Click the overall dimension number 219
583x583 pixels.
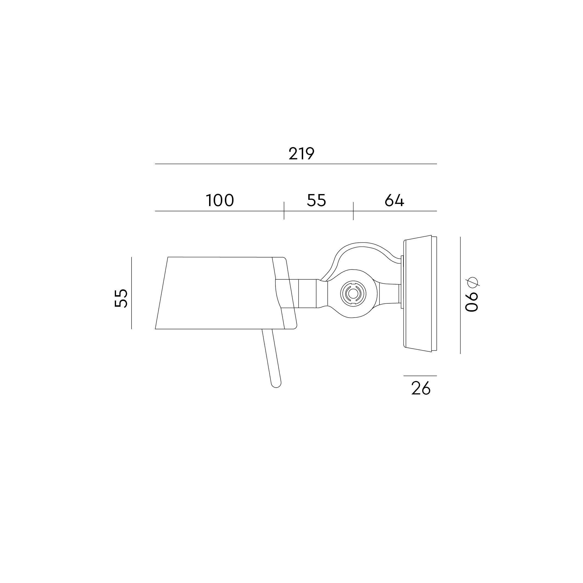tap(301, 154)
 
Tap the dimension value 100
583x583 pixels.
tap(220, 201)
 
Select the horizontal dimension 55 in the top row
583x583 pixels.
tap(316, 201)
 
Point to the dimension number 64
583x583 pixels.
tap(394, 201)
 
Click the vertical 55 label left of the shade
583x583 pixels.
tap(121, 298)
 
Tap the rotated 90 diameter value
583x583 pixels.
tap(472, 301)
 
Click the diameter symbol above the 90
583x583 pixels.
tap(473, 282)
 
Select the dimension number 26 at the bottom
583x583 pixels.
tap(421, 389)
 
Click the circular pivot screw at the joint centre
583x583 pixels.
tap(353, 293)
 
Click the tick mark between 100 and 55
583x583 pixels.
tap(284, 211)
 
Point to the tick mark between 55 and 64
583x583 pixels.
tap(353, 211)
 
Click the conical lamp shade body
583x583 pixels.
tap(217, 293)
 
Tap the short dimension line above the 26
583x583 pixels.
tap(420, 376)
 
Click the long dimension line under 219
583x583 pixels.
tap(296, 164)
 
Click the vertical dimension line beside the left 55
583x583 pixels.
tap(131, 293)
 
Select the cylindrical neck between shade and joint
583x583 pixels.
tap(307, 293)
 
